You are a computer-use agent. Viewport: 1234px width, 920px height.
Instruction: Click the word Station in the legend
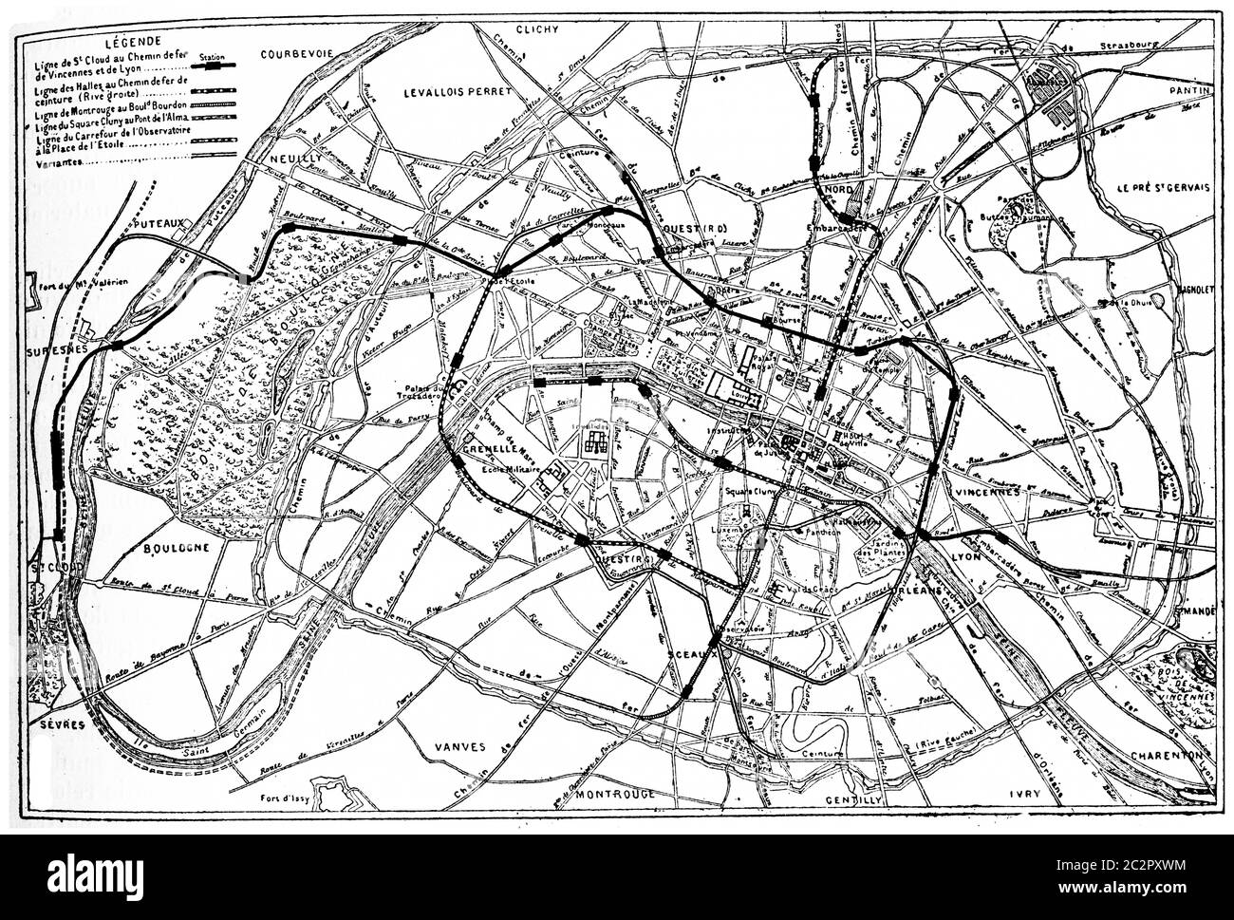pos(214,43)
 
